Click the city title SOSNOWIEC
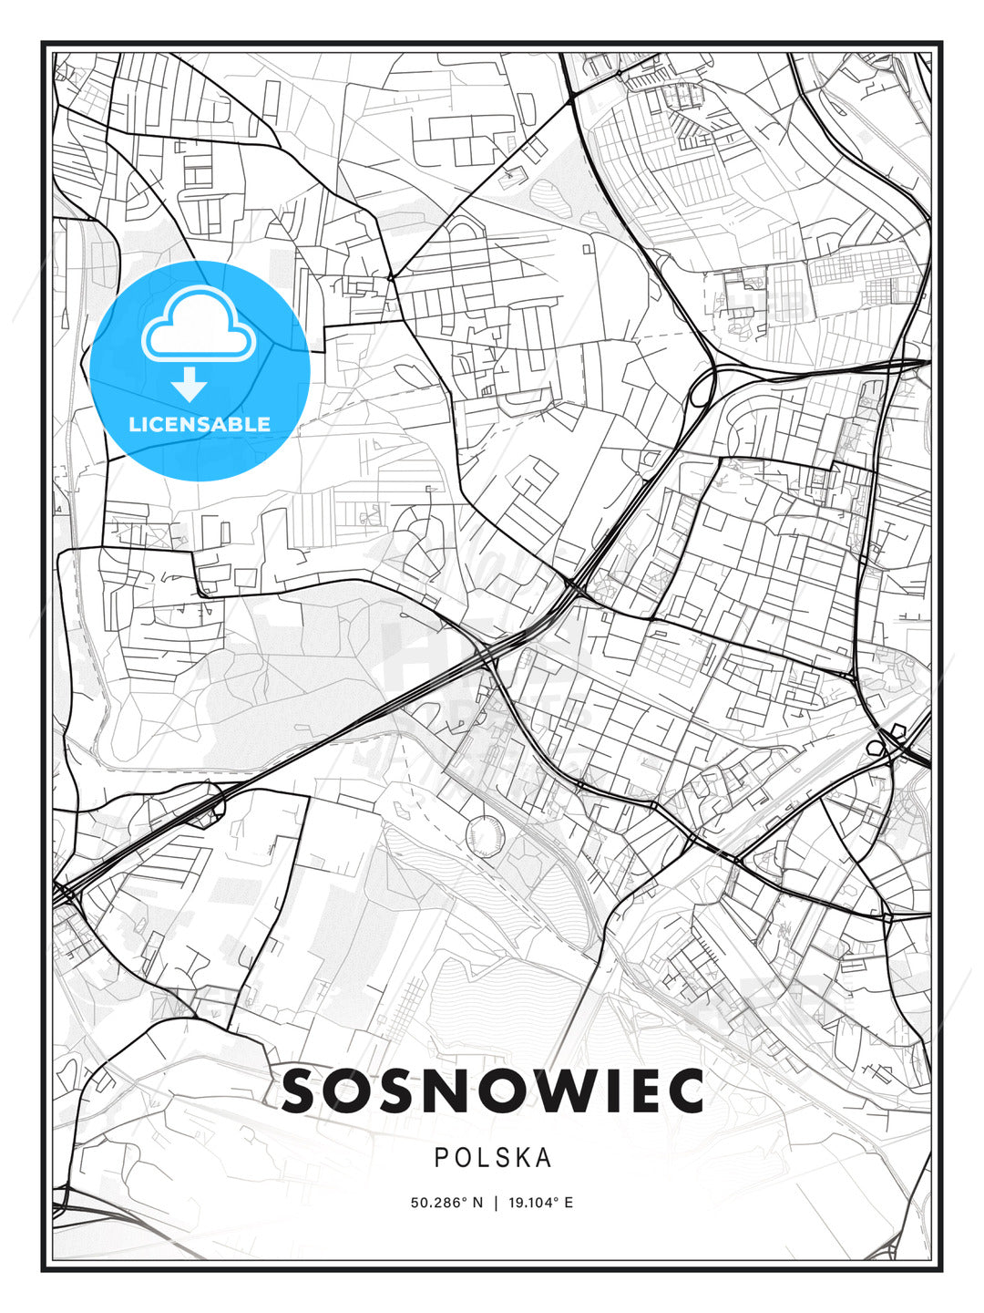[492, 1091]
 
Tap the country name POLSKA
[492, 1158]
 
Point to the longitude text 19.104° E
[540, 1203]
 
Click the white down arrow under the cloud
[190, 385]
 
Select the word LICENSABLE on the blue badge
[200, 424]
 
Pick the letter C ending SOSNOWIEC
[686, 1091]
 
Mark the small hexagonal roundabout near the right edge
[899, 729]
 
